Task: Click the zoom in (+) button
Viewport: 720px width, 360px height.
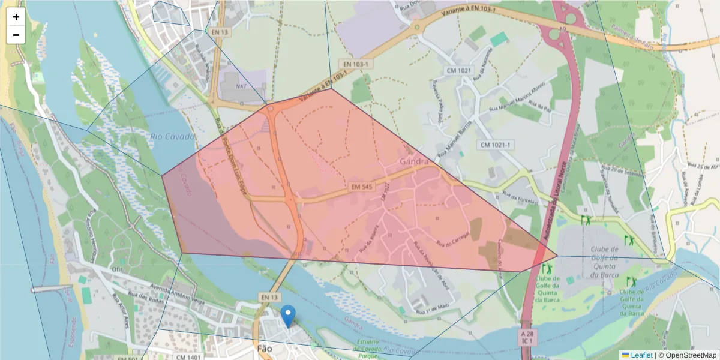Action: [16, 17]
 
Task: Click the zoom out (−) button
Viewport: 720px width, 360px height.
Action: [16, 35]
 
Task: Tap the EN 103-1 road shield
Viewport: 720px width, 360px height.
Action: [356, 64]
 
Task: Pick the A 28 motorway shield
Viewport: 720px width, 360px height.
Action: [527, 332]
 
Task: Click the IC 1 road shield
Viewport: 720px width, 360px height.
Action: [527, 341]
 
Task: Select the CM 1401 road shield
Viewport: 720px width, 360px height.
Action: [188, 357]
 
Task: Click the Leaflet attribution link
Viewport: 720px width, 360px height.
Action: [641, 355]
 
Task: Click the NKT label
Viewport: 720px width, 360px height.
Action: [241, 86]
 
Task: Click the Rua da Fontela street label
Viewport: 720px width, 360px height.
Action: [519, 199]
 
